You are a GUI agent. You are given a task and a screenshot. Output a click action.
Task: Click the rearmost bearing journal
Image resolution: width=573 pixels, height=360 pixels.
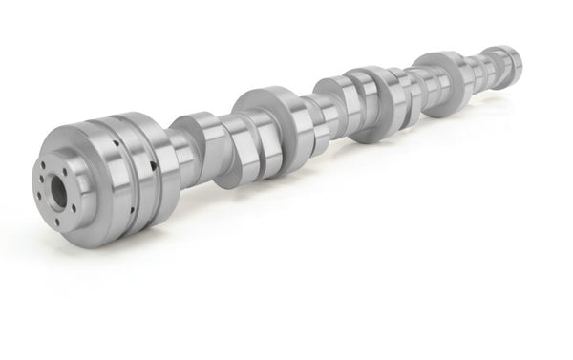point(498,64)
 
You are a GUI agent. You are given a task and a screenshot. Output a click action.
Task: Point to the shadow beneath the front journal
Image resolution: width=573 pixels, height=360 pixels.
point(143,239)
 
